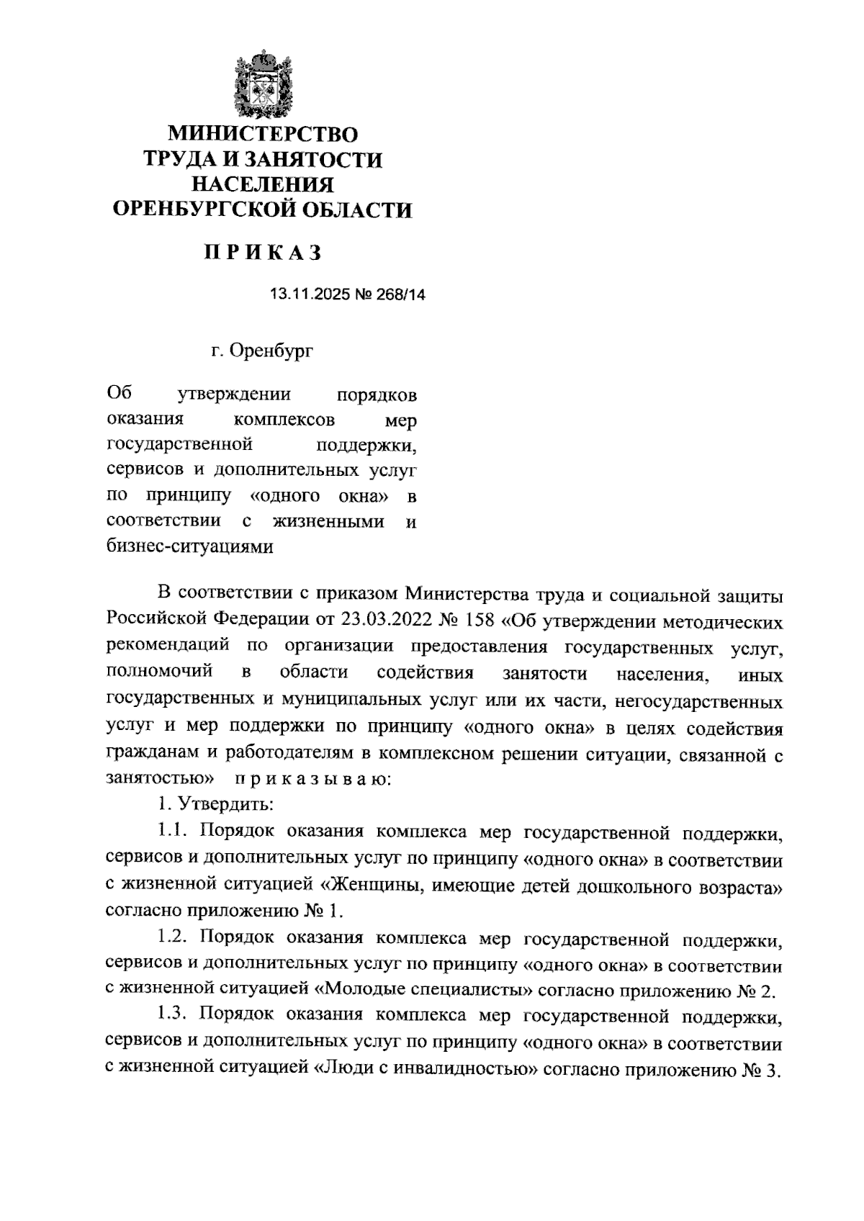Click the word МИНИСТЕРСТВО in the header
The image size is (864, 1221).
(x=263, y=134)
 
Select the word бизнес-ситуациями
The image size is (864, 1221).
(x=189, y=546)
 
